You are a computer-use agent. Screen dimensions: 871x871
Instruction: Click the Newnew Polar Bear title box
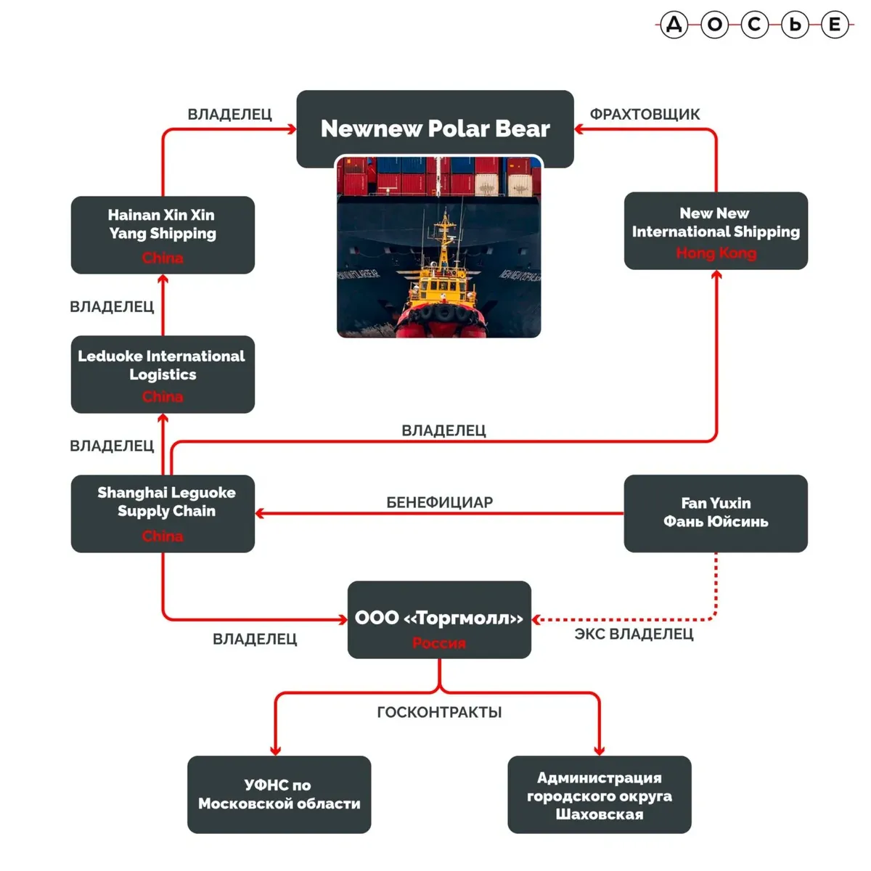coord(435,128)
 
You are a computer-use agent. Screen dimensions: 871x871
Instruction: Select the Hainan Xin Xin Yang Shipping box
coord(163,234)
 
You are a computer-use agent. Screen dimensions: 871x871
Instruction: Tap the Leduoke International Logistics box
coord(163,373)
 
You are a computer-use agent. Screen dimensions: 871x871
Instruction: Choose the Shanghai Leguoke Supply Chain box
coord(163,512)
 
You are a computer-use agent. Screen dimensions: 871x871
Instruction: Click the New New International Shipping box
coord(716,230)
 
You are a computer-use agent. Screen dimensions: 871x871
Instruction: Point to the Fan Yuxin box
coord(716,512)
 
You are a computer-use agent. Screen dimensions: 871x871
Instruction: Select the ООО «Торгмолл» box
coord(439,619)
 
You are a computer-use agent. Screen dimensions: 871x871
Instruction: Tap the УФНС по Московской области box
coord(279,794)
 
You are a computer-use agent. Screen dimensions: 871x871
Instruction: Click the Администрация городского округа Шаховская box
coord(600,794)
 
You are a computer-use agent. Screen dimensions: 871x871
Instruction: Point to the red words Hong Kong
coord(716,253)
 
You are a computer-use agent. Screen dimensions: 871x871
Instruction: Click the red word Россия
coord(439,643)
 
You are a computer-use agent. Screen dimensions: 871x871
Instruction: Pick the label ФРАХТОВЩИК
coord(645,115)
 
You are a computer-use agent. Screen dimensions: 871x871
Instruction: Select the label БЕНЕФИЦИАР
coord(439,502)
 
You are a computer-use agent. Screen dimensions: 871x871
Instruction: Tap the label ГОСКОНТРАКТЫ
coord(439,713)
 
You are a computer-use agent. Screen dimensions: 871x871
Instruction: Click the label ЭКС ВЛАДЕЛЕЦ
coord(634,634)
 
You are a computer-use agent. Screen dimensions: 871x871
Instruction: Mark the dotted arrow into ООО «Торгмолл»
coord(624,619)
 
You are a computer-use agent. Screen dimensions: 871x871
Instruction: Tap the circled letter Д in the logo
coord(674,25)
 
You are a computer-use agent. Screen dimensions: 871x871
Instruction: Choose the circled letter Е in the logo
coord(835,25)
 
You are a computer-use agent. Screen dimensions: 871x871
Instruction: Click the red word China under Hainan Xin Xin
coord(163,258)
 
